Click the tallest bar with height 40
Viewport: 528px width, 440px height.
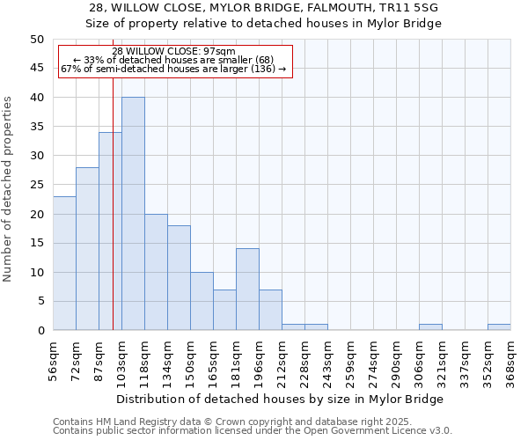(x=133, y=214)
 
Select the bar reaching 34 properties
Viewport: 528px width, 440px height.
(x=110, y=231)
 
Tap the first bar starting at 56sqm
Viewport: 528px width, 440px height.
(x=64, y=263)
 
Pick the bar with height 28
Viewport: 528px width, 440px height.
(x=87, y=249)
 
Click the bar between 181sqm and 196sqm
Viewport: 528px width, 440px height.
(x=247, y=290)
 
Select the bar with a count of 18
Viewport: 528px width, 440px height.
(x=179, y=278)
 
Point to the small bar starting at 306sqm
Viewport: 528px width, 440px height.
(x=430, y=327)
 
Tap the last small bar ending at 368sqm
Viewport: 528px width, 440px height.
(x=499, y=327)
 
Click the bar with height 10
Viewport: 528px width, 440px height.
(x=202, y=301)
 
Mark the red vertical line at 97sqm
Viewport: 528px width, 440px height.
(x=114, y=220)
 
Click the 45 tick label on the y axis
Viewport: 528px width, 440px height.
(x=36, y=69)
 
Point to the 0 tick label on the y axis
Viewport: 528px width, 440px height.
(x=40, y=331)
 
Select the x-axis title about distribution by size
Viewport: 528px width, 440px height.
(x=282, y=399)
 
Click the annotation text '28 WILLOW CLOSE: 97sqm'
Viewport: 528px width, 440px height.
(x=174, y=51)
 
